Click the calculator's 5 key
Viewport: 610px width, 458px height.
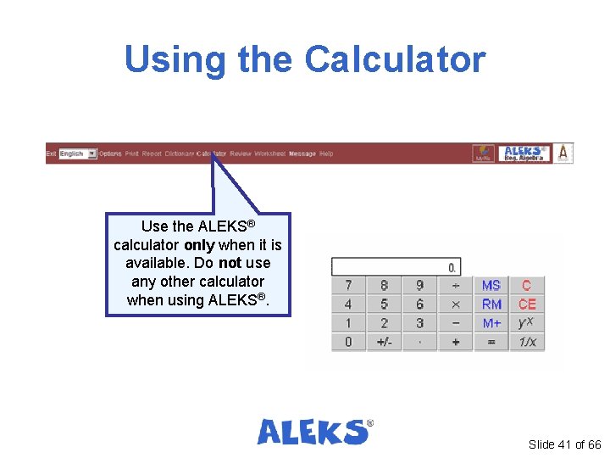[384, 304]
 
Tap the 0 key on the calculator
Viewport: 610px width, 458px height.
[348, 342]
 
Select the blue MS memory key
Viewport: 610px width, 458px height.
[491, 285]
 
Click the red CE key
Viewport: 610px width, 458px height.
[527, 304]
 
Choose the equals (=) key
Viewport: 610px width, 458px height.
[491, 342]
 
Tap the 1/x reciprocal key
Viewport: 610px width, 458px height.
[527, 342]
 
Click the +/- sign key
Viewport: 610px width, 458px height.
[384, 342]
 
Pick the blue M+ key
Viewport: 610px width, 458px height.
[491, 323]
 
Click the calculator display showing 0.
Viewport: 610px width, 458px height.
[396, 267]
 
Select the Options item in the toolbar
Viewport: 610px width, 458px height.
[110, 154]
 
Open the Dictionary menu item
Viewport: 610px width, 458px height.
[179, 154]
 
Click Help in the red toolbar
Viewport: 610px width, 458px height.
[326, 154]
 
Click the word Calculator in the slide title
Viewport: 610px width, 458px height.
[395, 59]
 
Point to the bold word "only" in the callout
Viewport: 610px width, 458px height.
[198, 245]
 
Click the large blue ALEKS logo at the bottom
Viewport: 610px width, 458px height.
[314, 431]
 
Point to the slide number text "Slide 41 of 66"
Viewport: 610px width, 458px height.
[564, 444]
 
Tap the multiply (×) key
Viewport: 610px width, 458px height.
[456, 304]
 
